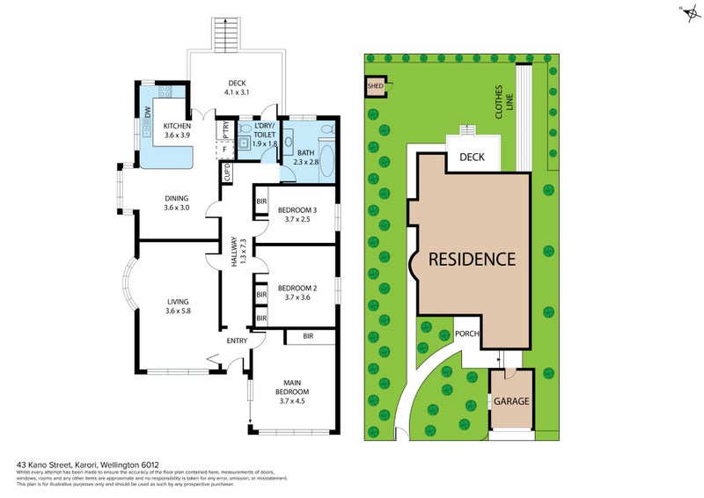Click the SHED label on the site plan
pyautogui.click(x=374, y=86)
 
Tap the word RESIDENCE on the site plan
pyautogui.click(x=472, y=260)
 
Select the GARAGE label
pyautogui.click(x=510, y=401)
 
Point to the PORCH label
pyautogui.click(x=467, y=334)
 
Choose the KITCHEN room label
pyautogui.click(x=177, y=127)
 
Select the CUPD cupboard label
pyautogui.click(x=227, y=175)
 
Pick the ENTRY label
pyautogui.click(x=237, y=341)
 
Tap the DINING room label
pyautogui.click(x=177, y=198)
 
